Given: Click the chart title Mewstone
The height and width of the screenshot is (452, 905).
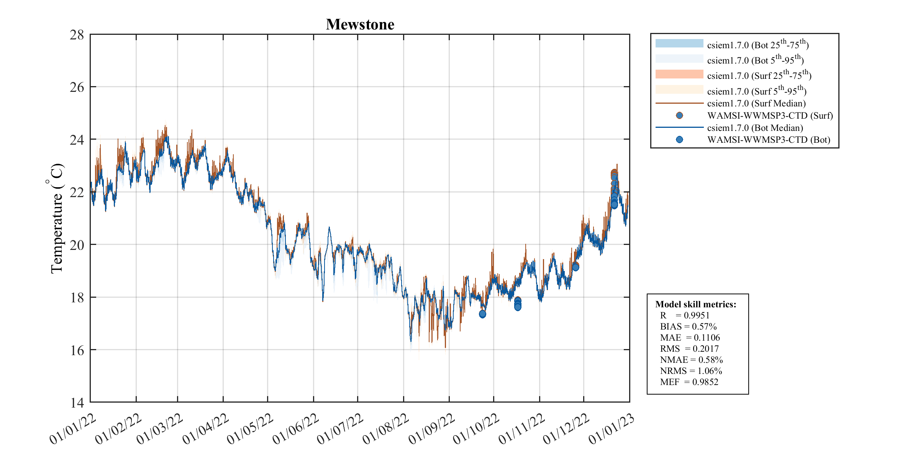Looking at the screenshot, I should point(360,24).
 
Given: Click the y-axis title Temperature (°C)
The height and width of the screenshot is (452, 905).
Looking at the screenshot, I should point(56,219).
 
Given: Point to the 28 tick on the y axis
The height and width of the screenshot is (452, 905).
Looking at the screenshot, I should point(77,35).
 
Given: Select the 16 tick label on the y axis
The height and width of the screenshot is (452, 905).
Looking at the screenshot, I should point(77,350).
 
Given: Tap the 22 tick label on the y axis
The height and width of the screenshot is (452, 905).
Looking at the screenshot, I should point(77,193).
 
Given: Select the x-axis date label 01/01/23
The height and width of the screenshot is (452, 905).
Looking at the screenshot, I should point(612,429).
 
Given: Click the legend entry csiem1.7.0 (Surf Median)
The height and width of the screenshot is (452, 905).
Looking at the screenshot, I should point(756,103).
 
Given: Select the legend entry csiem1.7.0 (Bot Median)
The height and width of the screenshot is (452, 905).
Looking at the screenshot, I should point(755,128).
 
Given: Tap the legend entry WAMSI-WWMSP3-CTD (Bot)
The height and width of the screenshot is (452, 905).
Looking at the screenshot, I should point(768,140).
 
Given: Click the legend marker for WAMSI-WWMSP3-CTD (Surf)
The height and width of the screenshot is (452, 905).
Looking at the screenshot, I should point(679,116).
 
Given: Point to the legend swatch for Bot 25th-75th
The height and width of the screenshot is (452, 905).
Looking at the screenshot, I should point(679,44).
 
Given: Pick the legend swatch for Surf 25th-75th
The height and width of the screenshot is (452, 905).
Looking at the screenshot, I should point(679,74).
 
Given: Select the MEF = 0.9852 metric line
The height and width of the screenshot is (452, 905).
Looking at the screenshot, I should point(689,382).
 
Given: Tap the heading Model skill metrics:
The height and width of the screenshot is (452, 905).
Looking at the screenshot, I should point(695,304).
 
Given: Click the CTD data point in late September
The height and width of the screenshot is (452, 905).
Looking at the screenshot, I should point(482,314).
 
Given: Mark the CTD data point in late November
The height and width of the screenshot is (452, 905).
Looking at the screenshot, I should point(575,266).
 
